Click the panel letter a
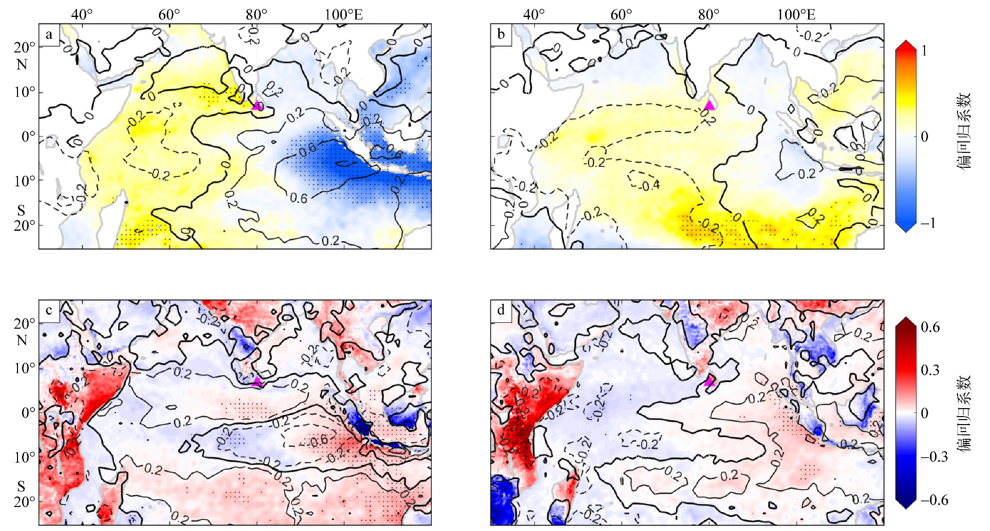(48, 34)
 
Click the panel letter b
(501, 34)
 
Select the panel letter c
(48, 310)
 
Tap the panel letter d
(501, 310)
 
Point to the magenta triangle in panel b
(709, 105)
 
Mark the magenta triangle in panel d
(709, 382)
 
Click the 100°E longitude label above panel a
(343, 14)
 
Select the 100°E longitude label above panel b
(796, 14)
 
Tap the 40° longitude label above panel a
(82, 14)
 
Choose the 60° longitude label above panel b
(621, 14)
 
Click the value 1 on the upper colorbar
(924, 50)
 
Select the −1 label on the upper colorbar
(928, 223)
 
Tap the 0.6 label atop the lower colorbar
(930, 327)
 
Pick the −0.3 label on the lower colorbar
(934, 457)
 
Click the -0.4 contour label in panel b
(650, 186)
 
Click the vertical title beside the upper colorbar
(964, 131)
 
